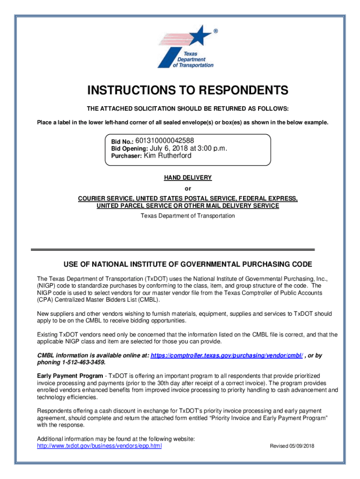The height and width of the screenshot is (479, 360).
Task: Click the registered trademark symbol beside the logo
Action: point(216,31)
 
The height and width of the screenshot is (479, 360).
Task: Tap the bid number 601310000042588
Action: point(165,140)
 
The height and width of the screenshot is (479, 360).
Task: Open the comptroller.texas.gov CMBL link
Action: point(226,356)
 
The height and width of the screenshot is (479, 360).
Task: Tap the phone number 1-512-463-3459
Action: point(82,363)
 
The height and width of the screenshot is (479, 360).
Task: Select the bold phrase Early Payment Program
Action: point(70,376)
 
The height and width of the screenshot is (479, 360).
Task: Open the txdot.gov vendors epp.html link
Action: point(99,446)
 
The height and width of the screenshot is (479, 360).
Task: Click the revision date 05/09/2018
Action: point(302,446)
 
